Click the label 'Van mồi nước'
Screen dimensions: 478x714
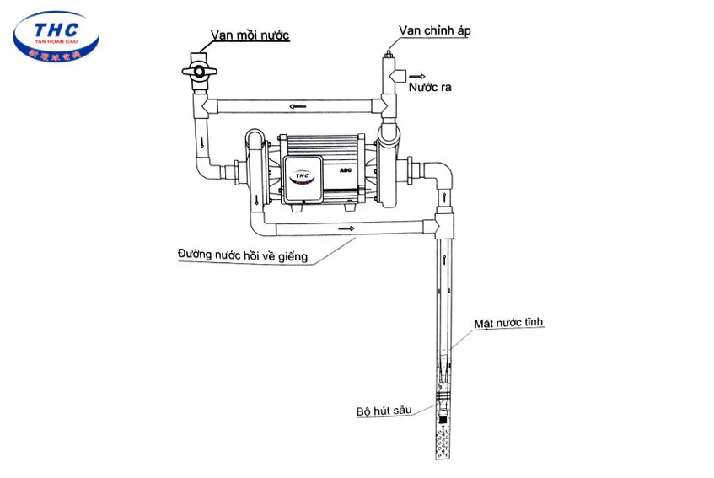pyautogui.click(x=250, y=35)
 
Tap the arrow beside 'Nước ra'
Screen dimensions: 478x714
pyautogui.click(x=417, y=76)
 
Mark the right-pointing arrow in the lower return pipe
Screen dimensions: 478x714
pyautogui.click(x=343, y=228)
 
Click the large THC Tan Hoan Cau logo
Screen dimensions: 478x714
pyautogui.click(x=56, y=40)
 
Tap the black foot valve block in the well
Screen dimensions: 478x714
pyautogui.click(x=443, y=416)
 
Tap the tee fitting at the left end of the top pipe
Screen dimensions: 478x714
pyautogui.click(x=203, y=106)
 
